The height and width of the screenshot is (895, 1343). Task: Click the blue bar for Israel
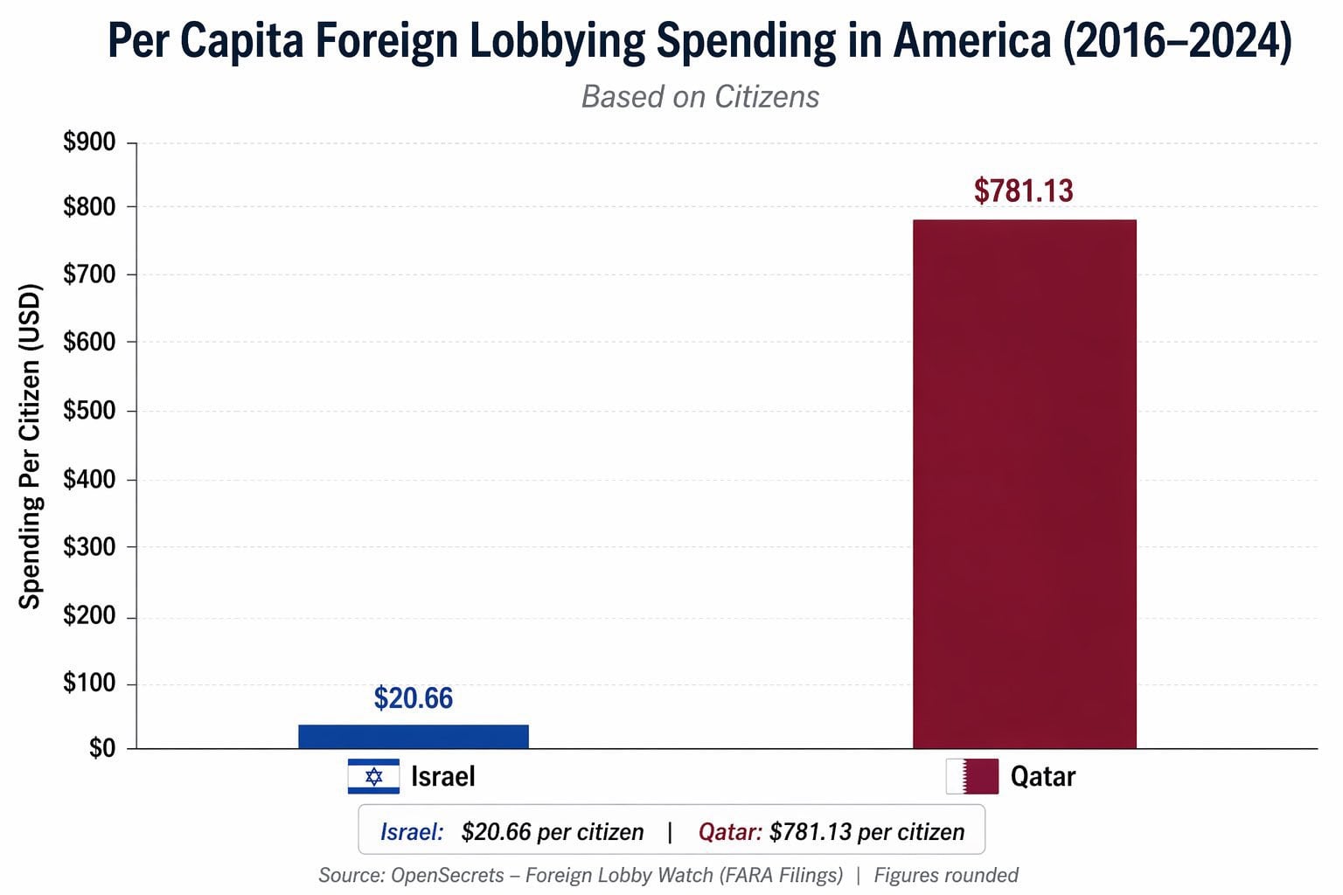tap(413, 737)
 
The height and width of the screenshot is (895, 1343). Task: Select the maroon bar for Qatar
tap(1024, 483)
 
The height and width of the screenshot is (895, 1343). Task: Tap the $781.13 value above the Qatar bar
tap(1023, 191)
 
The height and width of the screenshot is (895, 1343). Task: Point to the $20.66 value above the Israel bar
tap(413, 698)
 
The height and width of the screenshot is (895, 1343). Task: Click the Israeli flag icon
tap(373, 776)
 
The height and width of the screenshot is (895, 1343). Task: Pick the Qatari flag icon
tap(971, 776)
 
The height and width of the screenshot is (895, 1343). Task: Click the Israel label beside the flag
tap(442, 776)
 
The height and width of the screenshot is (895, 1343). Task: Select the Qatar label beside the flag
tap(1042, 776)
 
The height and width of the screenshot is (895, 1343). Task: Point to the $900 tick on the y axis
tap(89, 142)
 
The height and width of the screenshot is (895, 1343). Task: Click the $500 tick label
tap(89, 411)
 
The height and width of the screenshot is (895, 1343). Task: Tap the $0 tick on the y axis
tap(101, 748)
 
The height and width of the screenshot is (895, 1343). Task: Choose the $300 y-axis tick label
tap(89, 547)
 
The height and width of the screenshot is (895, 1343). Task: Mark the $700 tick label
tap(89, 274)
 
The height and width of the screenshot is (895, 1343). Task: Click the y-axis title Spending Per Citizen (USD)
tap(31, 446)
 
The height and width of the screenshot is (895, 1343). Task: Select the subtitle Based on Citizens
tap(700, 97)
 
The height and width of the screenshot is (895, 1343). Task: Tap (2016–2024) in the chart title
tap(1177, 41)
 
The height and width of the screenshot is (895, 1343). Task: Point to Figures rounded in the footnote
tap(946, 875)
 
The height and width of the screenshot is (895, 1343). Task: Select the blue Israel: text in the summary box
tap(412, 831)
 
